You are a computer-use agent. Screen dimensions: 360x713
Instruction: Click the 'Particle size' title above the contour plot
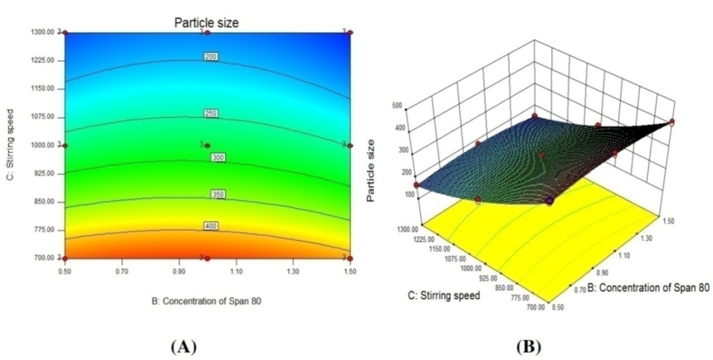206,23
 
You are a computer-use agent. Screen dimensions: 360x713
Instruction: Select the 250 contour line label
211,113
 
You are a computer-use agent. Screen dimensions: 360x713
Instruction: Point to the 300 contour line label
218,158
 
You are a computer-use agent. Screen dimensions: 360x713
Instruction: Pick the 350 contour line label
218,195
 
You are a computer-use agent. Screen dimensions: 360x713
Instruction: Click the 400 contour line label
211,227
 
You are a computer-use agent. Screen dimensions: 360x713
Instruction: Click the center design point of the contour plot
207,145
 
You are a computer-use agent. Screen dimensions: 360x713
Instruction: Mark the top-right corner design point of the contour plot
350,32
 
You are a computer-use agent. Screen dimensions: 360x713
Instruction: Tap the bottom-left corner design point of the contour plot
65,258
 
